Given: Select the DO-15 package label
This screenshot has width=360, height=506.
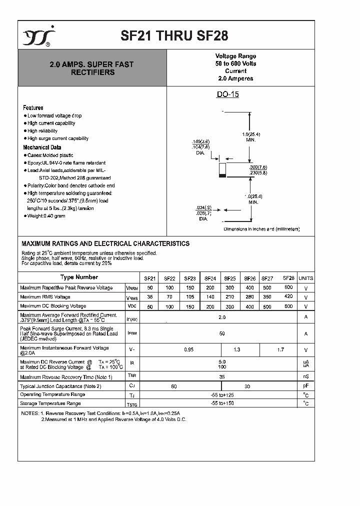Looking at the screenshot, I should click(x=227, y=94).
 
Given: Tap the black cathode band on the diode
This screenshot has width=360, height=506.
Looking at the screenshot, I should click(x=223, y=175).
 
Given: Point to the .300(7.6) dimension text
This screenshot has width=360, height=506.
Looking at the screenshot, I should click(x=258, y=166).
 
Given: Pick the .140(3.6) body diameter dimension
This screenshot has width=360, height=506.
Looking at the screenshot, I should click(x=201, y=142).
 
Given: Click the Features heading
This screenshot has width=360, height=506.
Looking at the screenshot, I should click(x=33, y=107).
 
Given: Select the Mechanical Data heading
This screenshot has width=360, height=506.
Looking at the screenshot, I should click(x=42, y=147).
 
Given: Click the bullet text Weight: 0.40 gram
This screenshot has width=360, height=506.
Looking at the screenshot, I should click(x=46, y=215).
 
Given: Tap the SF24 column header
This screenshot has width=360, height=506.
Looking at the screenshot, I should click(x=210, y=278).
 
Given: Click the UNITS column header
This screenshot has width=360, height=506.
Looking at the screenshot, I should click(x=305, y=278).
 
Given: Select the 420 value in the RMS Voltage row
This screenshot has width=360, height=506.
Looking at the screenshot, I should click(x=288, y=296).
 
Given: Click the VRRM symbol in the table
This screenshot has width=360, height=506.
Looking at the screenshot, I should click(x=131, y=288).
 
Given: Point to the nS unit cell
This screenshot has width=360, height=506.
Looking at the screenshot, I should click(x=305, y=376).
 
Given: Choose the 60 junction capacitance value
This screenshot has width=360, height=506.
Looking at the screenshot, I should click(x=174, y=386).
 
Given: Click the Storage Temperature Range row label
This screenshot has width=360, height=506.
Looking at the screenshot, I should click(x=50, y=403).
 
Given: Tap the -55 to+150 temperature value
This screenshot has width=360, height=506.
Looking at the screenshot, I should click(x=222, y=403).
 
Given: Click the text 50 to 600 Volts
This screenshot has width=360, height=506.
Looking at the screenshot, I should click(x=235, y=64).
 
